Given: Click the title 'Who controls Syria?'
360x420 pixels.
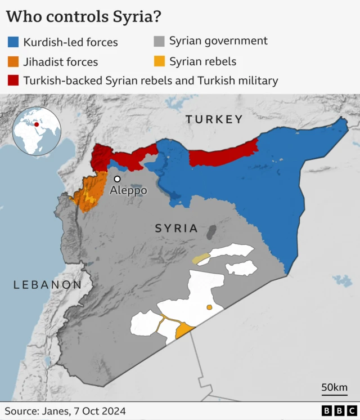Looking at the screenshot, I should coord(84,16).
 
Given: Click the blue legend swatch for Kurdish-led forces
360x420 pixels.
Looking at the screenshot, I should coord(13,42).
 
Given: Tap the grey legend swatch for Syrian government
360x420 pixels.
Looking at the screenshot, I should coord(160,41).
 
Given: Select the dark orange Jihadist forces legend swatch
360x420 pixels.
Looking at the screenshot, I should coord(13,61).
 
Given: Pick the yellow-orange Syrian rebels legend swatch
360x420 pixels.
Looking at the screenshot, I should coord(160,61).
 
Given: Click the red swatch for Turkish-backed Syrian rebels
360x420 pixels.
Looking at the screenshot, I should coord(13,81).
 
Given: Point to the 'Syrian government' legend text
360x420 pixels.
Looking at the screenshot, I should coord(218,41).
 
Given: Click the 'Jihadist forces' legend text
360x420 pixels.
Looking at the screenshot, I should coord(60,61).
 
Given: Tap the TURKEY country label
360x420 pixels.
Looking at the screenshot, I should coord(214,119).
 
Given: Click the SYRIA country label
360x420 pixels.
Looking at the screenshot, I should coord(176,228).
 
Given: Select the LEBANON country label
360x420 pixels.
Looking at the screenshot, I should coord(47,285).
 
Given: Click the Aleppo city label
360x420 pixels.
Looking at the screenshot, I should coord(128,190).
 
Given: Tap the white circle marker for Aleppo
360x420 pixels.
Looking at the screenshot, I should coord(117,178).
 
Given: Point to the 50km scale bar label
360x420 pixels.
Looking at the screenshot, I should coord(334,387).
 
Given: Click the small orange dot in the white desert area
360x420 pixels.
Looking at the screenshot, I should coord(209,307).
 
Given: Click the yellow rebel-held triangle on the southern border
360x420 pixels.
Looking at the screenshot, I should coord(184,332).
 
